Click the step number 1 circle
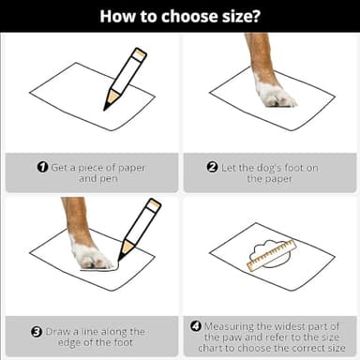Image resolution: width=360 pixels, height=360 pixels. click(x=42, y=167)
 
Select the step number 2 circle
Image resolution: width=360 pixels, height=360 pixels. click(x=212, y=167)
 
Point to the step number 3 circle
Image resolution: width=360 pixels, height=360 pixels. click(x=37, y=332)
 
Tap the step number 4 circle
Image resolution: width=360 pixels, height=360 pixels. click(x=196, y=326)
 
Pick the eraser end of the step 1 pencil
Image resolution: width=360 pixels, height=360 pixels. click(x=140, y=53)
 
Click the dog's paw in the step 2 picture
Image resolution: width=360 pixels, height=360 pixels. click(x=276, y=97)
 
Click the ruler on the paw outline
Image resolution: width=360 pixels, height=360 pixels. click(x=271, y=255)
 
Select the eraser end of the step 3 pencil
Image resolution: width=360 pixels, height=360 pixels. click(x=154, y=204)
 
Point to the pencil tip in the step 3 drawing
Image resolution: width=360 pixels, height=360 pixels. click(x=119, y=260)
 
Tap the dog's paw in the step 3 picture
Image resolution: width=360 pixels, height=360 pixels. click(x=91, y=256)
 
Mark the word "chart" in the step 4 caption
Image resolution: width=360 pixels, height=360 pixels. click(x=210, y=348)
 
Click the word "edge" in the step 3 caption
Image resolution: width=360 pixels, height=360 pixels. click(x=69, y=343)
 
